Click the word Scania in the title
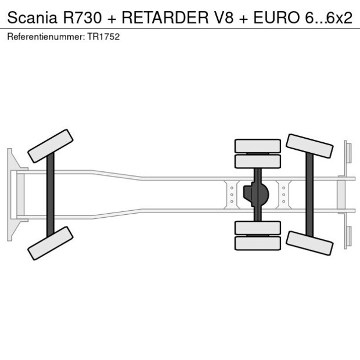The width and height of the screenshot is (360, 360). coord(30,18)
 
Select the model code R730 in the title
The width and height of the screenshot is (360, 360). coord(81,18)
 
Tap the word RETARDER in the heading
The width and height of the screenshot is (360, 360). coord(163,18)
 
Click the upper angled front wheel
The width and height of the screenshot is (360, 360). coord(50,146)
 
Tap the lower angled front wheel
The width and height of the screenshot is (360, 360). coord(50,243)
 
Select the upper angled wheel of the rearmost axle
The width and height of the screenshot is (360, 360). coord(309,146)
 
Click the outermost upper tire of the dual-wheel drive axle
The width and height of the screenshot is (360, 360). coord(257,145)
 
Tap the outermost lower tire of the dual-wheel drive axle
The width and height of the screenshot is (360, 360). coord(257,244)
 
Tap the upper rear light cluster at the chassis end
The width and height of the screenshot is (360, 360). coord(347,152)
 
